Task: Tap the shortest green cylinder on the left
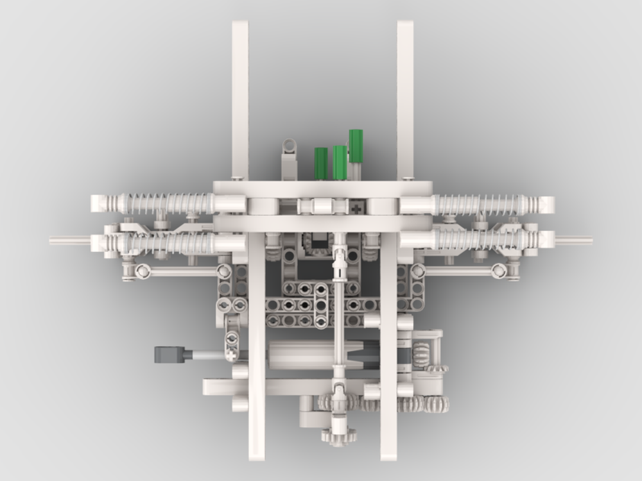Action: point(321,163)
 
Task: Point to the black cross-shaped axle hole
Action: point(356,208)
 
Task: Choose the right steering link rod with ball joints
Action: point(462,271)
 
